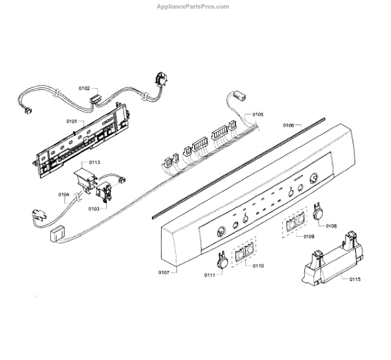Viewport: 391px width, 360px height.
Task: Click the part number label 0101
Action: click(x=72, y=121)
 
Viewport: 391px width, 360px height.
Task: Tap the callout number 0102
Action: click(x=85, y=87)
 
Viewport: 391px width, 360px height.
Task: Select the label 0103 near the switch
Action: click(x=93, y=209)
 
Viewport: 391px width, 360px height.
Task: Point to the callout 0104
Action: click(x=64, y=194)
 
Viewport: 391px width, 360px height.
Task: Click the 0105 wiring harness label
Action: click(x=258, y=115)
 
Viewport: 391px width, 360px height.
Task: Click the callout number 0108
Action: click(x=331, y=226)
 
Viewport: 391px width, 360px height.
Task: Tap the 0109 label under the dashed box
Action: click(x=308, y=236)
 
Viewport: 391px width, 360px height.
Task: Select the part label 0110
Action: click(x=259, y=266)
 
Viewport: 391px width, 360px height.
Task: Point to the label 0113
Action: click(x=94, y=162)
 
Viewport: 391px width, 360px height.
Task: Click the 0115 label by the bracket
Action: click(x=355, y=279)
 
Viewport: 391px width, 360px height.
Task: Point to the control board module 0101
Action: click(x=81, y=140)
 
